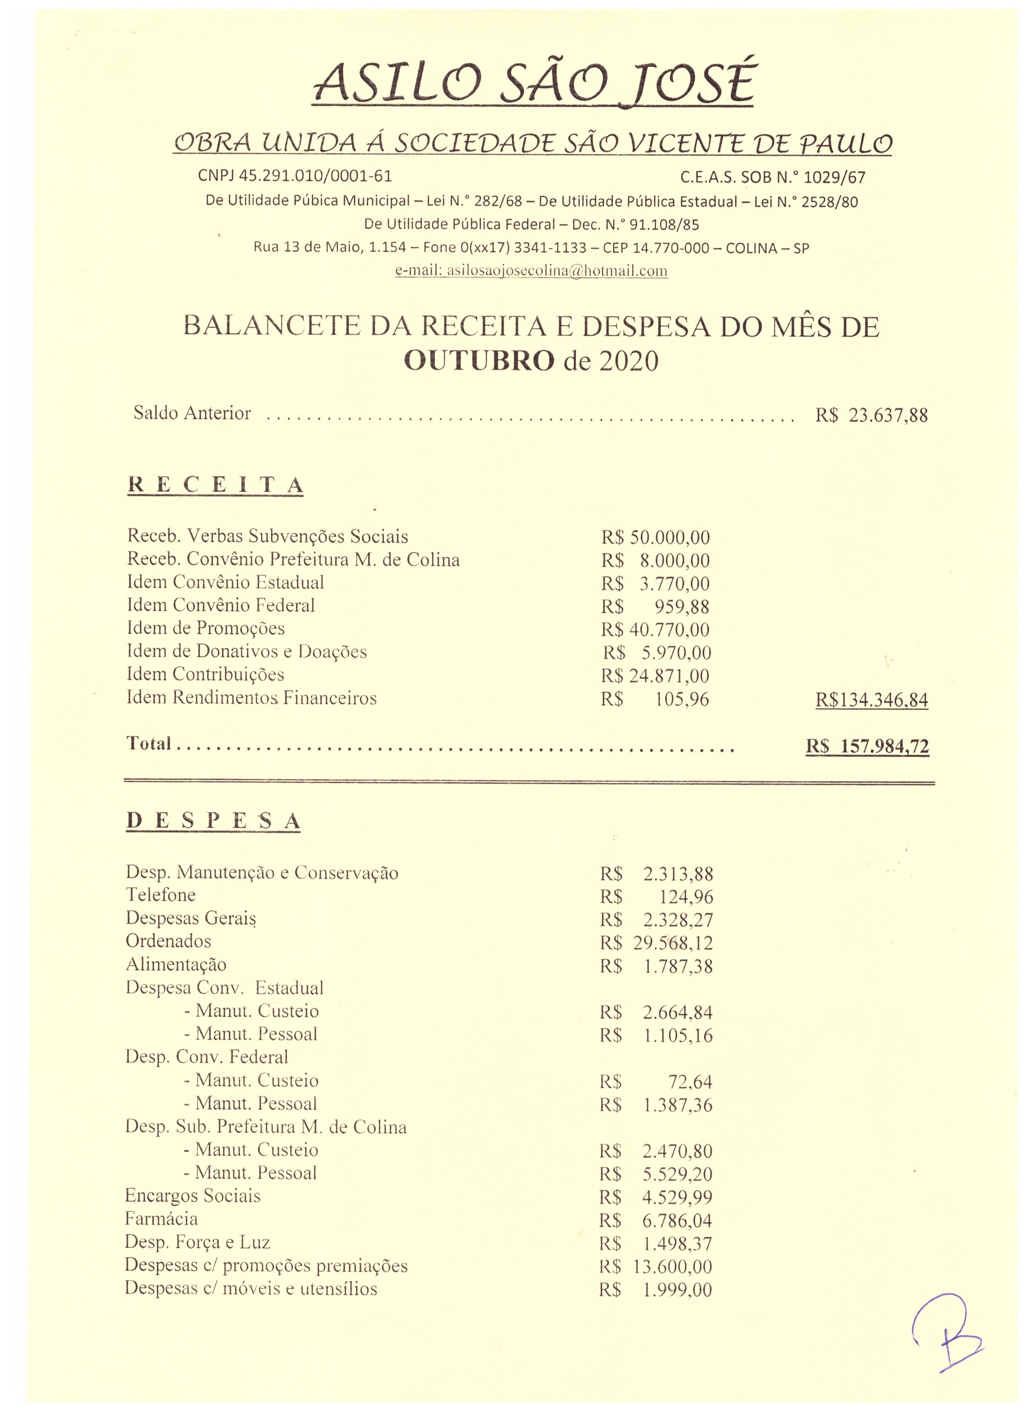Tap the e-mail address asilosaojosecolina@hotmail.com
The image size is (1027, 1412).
[531, 271]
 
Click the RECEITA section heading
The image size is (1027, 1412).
[215, 486]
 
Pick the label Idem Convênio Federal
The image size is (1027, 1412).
[221, 605]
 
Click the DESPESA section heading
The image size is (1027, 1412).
[214, 821]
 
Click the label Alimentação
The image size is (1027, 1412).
[176, 964]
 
